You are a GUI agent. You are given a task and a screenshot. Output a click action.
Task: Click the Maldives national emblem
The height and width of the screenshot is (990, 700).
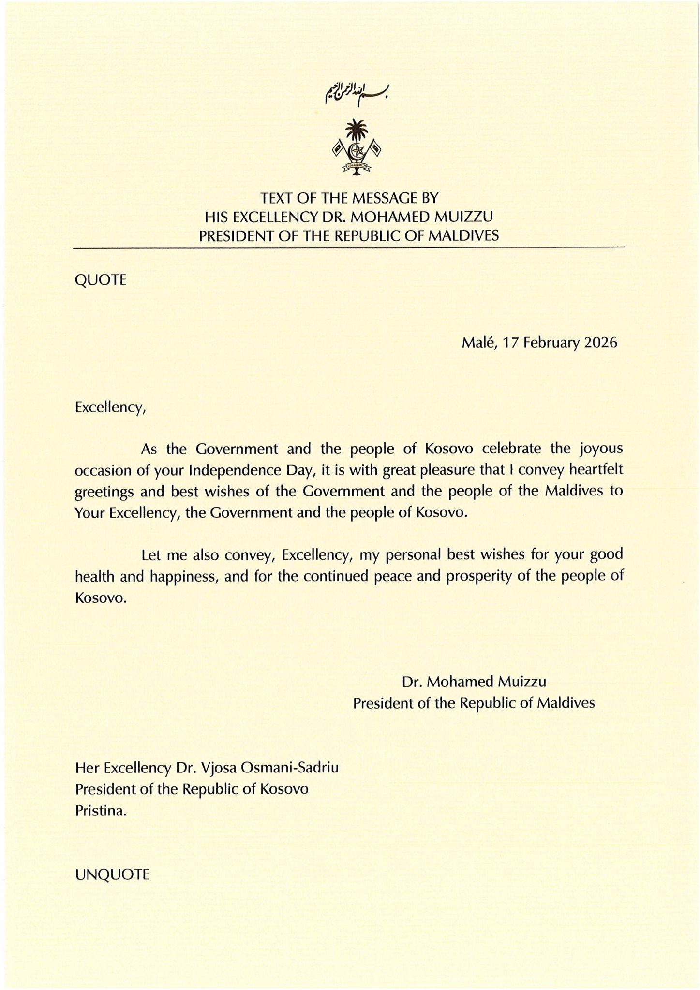(357, 147)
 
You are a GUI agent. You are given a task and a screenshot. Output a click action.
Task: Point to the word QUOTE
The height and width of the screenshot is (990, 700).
(101, 280)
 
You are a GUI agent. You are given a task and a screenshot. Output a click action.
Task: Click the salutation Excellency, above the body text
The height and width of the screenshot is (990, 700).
(110, 408)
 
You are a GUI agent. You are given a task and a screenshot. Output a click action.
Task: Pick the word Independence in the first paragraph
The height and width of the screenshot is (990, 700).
(235, 470)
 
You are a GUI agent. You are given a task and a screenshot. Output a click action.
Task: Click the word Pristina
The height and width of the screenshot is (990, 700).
(101, 811)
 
